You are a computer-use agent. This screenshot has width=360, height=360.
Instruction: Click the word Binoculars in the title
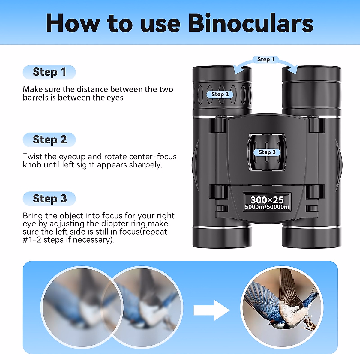251,23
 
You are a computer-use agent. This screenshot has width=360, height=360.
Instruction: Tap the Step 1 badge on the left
49,72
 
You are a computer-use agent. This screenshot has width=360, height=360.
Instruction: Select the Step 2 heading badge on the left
49,140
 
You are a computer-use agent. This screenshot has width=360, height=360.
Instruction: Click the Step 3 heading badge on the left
49,199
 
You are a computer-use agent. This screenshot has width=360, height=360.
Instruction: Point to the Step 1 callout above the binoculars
265,59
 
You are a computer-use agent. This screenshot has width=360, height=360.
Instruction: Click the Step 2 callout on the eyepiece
220,94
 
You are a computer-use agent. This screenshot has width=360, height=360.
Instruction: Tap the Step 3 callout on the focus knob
267,152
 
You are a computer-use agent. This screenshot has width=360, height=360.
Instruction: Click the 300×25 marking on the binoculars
267,199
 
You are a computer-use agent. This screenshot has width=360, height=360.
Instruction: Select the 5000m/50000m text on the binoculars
267,207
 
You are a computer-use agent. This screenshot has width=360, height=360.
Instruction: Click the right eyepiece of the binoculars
311,87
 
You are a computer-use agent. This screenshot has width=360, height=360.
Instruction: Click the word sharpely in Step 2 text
145,165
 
